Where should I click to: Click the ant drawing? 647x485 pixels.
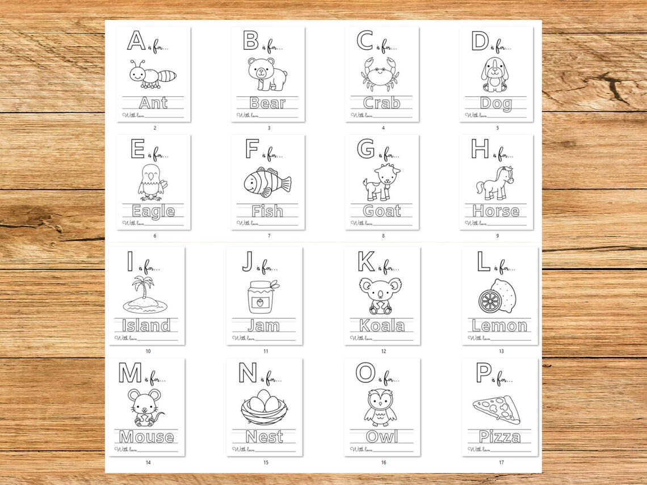152,75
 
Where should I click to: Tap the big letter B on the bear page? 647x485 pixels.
250,41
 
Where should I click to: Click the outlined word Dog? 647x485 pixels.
495,103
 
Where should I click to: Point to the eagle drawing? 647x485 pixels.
151,182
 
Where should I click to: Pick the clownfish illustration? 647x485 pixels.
267,182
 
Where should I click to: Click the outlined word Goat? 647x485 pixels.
381,211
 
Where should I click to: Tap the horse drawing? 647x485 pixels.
495,183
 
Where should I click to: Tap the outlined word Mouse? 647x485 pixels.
146,437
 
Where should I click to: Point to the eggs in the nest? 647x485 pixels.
264,403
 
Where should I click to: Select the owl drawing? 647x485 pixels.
380,407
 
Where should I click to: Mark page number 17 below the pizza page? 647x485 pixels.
501,462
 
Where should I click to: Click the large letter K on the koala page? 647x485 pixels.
366,262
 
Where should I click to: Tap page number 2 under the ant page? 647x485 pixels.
154,128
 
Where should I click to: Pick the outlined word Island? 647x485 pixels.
146,326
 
